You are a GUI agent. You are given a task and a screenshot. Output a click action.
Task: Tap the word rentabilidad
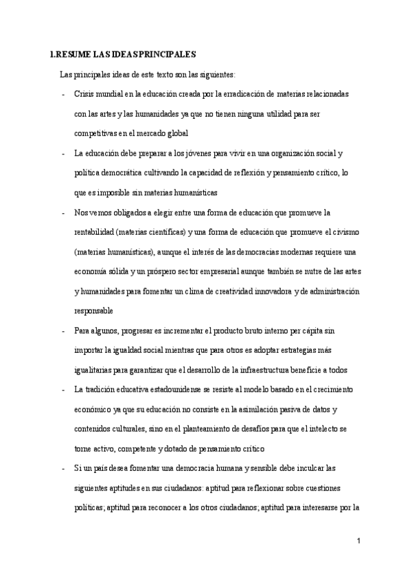(x=97, y=233)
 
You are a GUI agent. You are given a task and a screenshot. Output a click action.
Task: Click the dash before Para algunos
(x=64, y=331)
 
